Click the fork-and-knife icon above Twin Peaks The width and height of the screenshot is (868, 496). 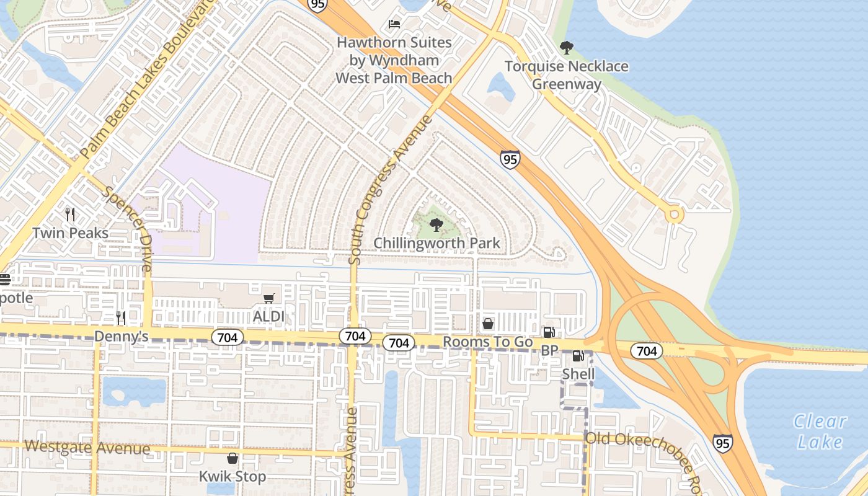[70, 215]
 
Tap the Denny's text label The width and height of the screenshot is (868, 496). [122, 336]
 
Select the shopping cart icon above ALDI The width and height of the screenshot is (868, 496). [268, 299]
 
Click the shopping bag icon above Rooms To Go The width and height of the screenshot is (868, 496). [488, 324]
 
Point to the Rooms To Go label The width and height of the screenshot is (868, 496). [488, 342]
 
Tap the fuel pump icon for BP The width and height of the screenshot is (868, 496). [549, 333]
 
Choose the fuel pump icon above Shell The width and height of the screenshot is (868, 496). [578, 356]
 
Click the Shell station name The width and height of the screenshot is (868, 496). [578, 374]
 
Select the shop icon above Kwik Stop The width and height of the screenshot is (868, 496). [232, 458]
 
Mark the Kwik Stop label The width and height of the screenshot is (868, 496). [232, 476]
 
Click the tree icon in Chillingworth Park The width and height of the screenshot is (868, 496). [436, 225]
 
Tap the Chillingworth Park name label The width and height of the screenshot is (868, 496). [436, 243]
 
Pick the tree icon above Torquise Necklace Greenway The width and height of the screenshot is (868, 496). [566, 48]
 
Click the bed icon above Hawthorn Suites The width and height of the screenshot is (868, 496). [394, 24]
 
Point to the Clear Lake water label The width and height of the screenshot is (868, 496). [820, 432]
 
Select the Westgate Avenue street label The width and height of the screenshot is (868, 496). [87, 447]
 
